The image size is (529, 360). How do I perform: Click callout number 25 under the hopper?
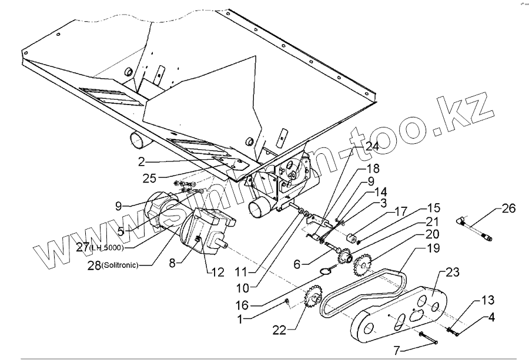click(149, 177)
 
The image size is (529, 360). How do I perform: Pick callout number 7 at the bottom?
click(397, 351)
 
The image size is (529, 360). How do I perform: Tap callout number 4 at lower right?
click(490, 318)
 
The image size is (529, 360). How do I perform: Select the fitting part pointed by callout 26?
click(476, 229)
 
